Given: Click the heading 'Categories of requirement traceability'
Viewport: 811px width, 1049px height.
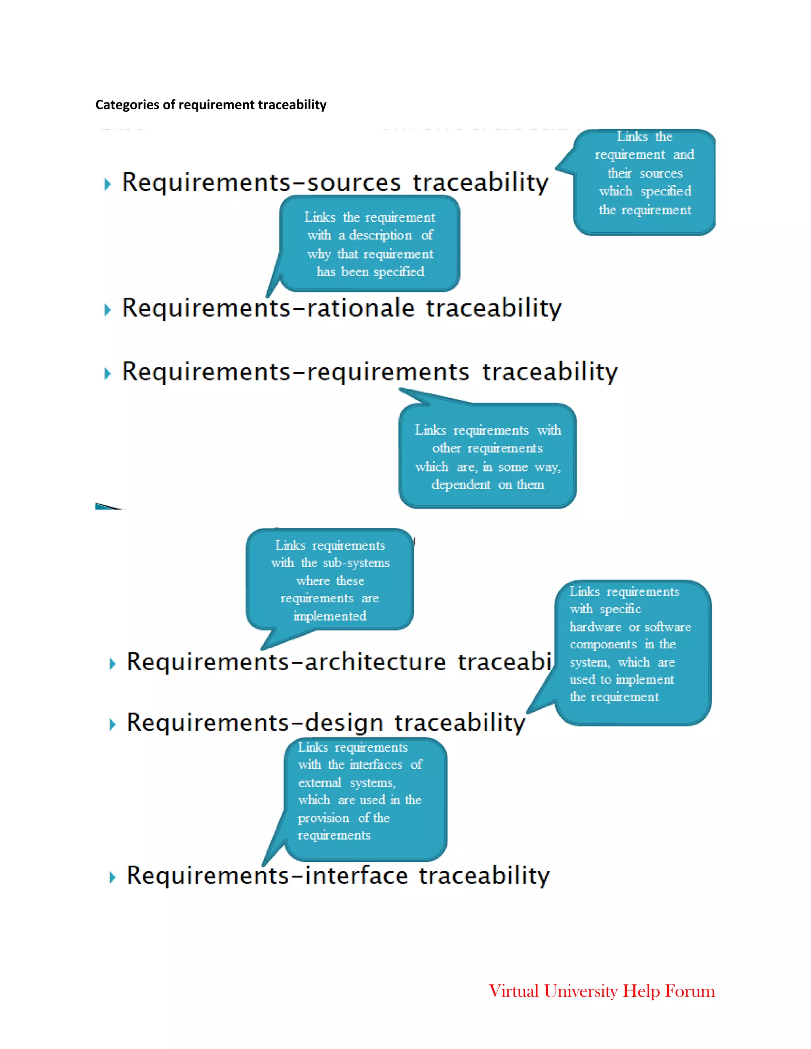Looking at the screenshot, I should pos(211,105).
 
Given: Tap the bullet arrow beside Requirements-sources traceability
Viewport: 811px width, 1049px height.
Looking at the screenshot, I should pos(108,184).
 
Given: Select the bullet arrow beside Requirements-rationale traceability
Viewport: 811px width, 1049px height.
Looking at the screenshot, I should pos(108,310).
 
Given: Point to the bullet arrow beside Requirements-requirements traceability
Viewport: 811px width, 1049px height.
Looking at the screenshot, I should pos(108,373).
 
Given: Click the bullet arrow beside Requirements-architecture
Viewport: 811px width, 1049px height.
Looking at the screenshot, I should pos(112,664).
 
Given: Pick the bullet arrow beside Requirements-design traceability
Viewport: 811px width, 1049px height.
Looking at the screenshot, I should pos(112,724).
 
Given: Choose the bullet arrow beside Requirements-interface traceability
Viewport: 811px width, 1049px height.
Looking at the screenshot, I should pos(112,878).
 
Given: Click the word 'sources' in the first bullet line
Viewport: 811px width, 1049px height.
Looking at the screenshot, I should pos(354,182).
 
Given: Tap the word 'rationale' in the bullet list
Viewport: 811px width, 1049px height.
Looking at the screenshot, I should pos(360,308).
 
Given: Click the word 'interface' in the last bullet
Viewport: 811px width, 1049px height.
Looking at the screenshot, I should pos(356,876).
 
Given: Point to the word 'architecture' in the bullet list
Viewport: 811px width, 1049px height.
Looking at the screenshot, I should pos(375,662).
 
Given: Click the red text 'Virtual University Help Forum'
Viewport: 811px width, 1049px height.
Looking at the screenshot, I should pos(602,991).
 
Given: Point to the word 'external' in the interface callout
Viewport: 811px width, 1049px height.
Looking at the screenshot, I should pos(320,783).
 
